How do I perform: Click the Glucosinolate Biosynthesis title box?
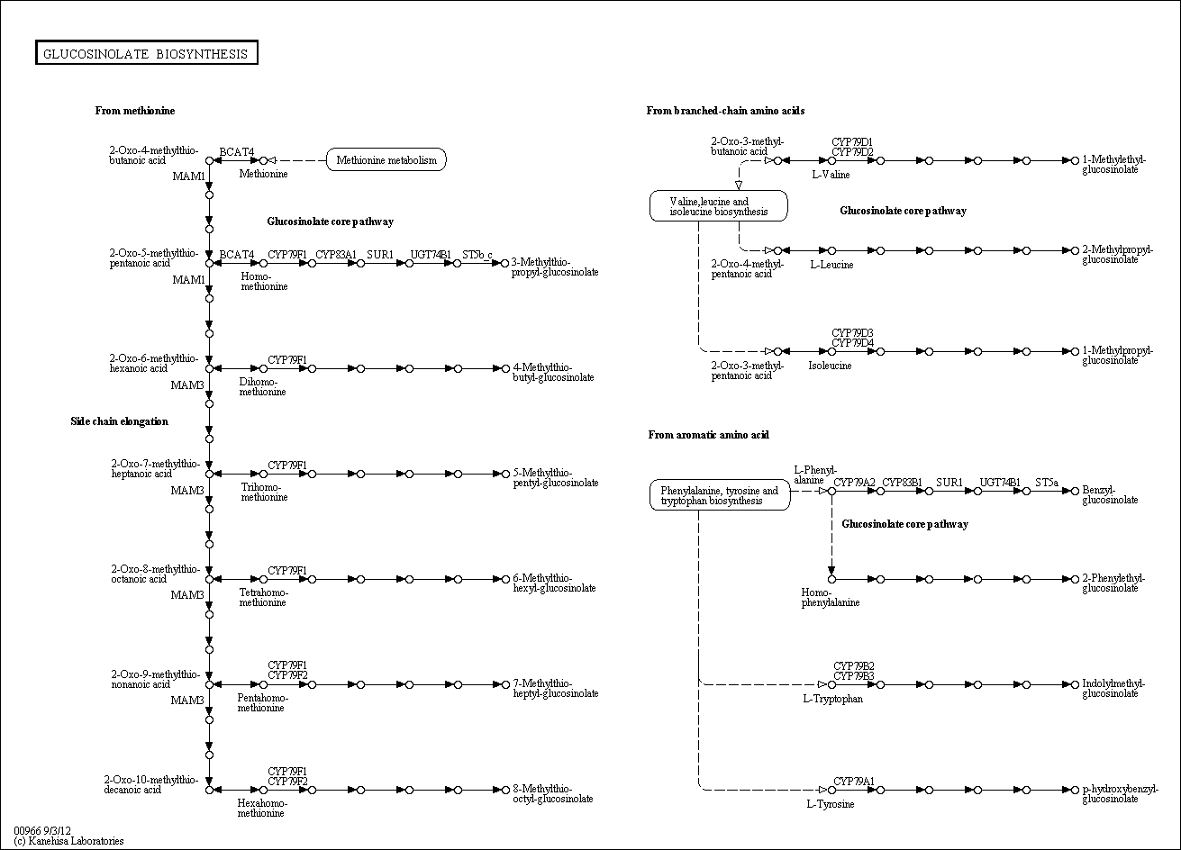tap(147, 54)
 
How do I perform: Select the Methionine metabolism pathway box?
tap(386, 160)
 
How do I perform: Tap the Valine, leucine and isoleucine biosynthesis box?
tap(719, 206)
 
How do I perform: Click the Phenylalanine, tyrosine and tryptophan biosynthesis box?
tap(719, 495)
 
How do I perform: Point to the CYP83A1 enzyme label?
tap(336, 255)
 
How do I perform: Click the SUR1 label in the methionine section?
tap(379, 255)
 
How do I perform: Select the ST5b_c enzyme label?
tap(477, 255)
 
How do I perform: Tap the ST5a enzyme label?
tap(1046, 483)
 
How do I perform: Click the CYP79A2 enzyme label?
tap(854, 483)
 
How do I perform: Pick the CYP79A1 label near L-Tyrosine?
tap(854, 781)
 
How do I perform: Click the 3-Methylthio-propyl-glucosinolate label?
tap(555, 267)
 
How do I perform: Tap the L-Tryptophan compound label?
tap(833, 699)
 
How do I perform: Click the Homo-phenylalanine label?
tap(830, 598)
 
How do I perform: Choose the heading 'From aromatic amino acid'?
tap(708, 435)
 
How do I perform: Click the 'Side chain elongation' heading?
tap(119, 421)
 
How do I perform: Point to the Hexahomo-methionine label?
tap(261, 808)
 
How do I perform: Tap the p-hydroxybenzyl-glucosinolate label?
tap(1120, 794)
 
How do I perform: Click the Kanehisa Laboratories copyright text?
tap(68, 841)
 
